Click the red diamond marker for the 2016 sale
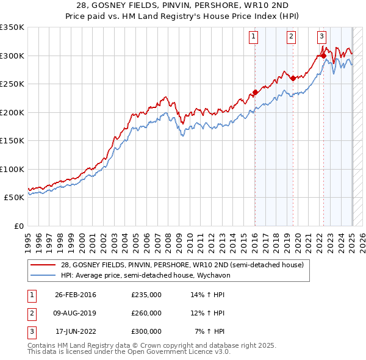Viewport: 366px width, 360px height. tap(255, 93)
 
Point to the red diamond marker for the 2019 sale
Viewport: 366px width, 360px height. tap(293, 78)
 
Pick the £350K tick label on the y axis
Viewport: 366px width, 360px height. tap(12, 27)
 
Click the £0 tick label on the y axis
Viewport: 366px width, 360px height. tap(18, 226)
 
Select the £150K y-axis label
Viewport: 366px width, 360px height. tap(12, 141)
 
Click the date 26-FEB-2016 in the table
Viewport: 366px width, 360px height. tap(76, 295)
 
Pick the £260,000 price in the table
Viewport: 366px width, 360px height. tap(146, 313)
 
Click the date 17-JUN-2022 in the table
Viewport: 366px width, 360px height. tap(76, 331)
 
